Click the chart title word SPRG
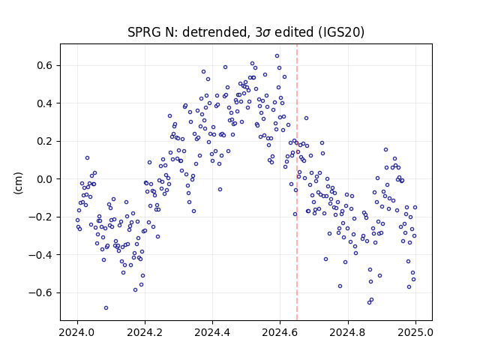pos(145,32)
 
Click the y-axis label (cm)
pos(18,183)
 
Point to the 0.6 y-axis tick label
pos(45,65)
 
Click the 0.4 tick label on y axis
pos(45,103)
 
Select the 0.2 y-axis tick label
pos(45,142)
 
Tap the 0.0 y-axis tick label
pos(45,179)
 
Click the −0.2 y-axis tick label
pos(41,217)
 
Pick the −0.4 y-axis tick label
pos(41,255)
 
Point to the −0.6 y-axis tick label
pos(41,292)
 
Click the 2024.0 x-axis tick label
pos(77,332)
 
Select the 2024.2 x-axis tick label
pos(145,332)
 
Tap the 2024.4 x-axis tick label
pos(212,332)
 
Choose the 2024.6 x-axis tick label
pos(280,332)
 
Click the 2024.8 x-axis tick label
pos(348,332)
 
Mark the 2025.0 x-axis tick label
pos(415,332)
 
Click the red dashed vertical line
pos(297,182)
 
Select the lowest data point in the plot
pos(106,307)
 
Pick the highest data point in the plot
pos(277,55)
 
